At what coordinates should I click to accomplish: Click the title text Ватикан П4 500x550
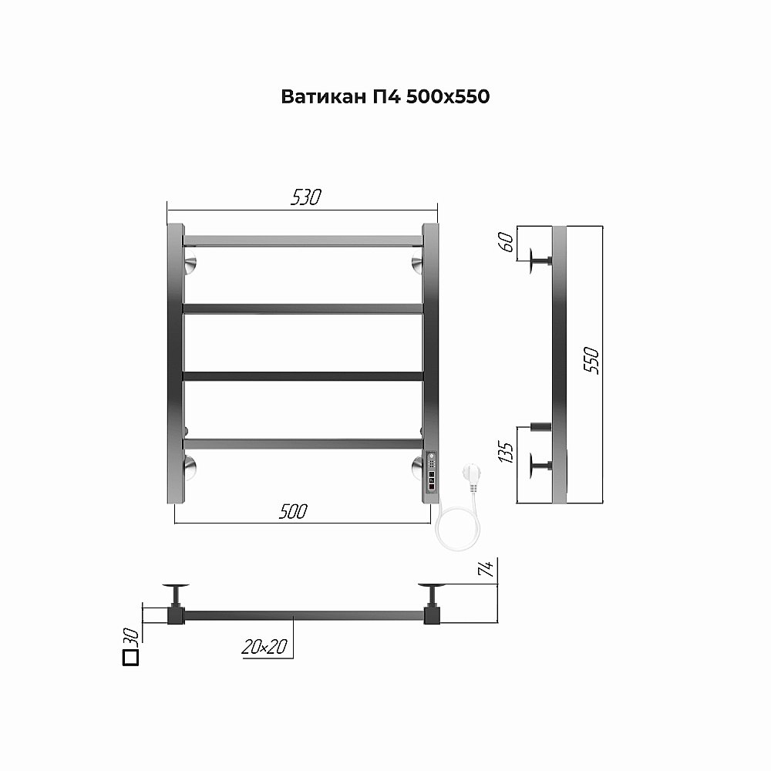tap(385, 97)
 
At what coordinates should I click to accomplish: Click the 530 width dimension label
tap(305, 197)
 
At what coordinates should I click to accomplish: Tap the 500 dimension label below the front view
tap(293, 511)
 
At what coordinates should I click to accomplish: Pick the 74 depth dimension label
tap(485, 570)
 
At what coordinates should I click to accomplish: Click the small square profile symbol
tap(130, 657)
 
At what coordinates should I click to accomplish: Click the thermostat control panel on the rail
tap(431, 473)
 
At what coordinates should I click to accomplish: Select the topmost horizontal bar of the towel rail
tap(303, 241)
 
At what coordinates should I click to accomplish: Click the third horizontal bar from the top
tap(303, 376)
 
